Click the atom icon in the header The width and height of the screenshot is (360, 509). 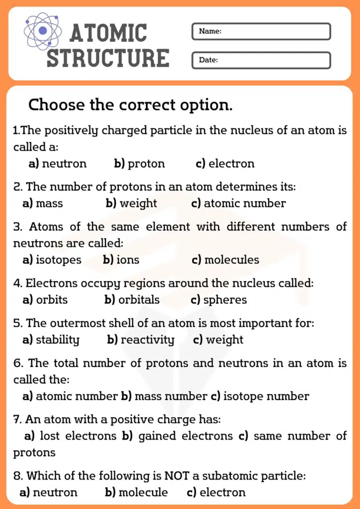point(43,31)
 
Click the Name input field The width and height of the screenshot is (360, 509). point(261,31)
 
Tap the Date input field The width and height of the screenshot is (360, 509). point(261,60)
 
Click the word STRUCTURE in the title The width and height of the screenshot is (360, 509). point(108,58)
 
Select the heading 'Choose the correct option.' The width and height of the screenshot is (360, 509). point(130,105)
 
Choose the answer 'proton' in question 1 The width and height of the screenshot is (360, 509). point(146,164)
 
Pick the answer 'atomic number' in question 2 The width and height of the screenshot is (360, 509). point(245,203)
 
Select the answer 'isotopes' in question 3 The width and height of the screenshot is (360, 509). point(58,260)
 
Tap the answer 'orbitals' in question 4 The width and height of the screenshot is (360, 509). point(139,300)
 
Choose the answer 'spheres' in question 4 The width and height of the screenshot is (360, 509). point(225,300)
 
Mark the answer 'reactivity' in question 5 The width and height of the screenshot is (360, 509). point(147,340)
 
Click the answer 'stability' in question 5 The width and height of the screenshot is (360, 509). point(57,340)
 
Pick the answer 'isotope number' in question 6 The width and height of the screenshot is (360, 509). point(266,396)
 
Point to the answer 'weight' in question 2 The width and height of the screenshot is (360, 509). point(138,203)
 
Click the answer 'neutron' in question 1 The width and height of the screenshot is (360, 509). point(64,164)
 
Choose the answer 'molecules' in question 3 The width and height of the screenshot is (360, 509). point(231,260)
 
